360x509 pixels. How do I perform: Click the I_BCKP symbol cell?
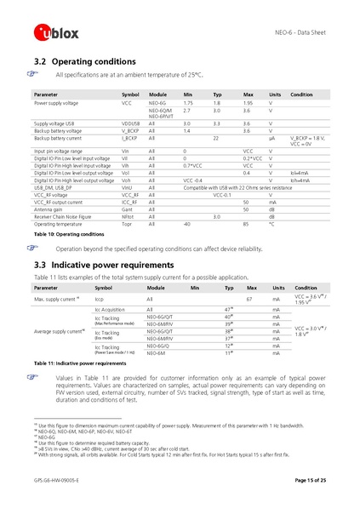129,137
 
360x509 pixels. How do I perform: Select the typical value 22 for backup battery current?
216,137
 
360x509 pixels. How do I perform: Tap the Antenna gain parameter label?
49,208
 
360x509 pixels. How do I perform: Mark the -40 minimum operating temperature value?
187,224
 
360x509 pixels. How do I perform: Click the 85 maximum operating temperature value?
246,224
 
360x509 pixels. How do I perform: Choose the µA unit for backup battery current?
271,137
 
